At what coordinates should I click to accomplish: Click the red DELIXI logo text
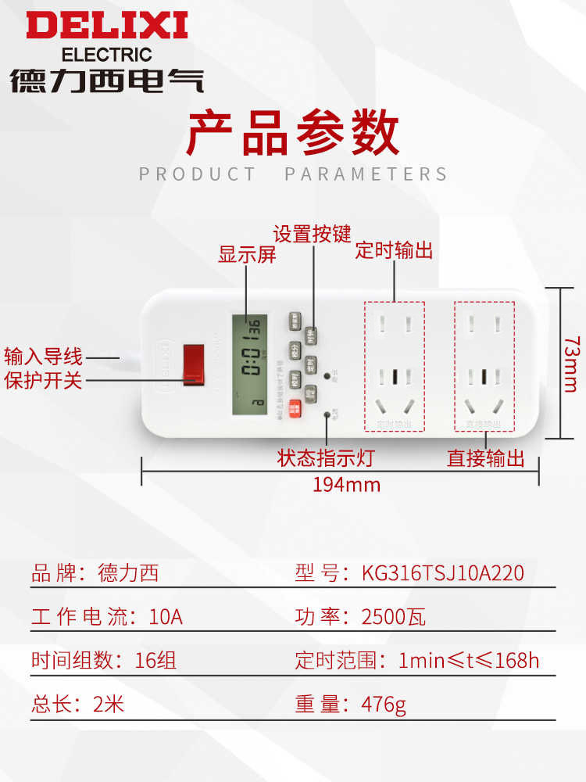pyautogui.click(x=107, y=26)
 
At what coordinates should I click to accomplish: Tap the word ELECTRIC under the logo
pyautogui.click(x=106, y=55)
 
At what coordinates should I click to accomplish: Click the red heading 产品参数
pyautogui.click(x=292, y=134)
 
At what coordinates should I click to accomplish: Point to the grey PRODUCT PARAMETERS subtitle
pyautogui.click(x=293, y=174)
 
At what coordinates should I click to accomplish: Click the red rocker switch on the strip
pyautogui.click(x=193, y=364)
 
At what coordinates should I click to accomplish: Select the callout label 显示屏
pyautogui.click(x=247, y=255)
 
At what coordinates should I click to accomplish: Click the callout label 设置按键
pyautogui.click(x=312, y=234)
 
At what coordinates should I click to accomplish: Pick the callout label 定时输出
pyautogui.click(x=394, y=250)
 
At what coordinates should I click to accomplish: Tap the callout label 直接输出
pyautogui.click(x=485, y=458)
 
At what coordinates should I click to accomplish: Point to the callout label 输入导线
pyautogui.click(x=43, y=357)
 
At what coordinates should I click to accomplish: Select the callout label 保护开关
pyautogui.click(x=43, y=381)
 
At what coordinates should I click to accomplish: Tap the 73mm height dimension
pyautogui.click(x=571, y=364)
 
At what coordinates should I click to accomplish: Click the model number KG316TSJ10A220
pyautogui.click(x=442, y=574)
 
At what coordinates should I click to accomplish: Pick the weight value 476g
pyautogui.click(x=384, y=705)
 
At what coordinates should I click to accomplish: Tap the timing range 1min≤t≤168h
pyautogui.click(x=468, y=661)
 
